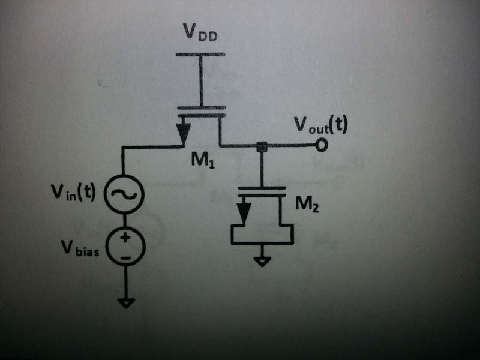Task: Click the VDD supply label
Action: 200,32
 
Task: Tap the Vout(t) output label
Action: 320,125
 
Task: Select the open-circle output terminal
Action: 321,145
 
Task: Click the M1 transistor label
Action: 203,160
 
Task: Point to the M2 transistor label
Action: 307,204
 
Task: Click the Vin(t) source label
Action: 73,192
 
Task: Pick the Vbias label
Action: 80,248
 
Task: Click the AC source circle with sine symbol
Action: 124,194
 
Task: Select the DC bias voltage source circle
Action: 125,247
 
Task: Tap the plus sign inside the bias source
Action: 125,237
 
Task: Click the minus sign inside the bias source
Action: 125,258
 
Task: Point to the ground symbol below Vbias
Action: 126,303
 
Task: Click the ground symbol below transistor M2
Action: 262,262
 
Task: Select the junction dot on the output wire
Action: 262,146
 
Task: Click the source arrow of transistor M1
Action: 184,131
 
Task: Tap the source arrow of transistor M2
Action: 244,212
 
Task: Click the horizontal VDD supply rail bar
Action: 200,55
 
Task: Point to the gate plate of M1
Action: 201,108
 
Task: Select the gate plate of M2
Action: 262,188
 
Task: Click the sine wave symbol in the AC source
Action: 124,194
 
